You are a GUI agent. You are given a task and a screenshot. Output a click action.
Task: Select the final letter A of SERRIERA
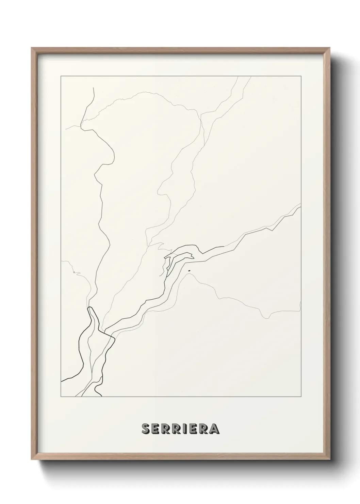(x=214, y=429)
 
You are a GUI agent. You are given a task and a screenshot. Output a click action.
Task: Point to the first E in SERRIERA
(x=155, y=429)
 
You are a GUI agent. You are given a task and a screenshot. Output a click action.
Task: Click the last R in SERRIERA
(x=203, y=429)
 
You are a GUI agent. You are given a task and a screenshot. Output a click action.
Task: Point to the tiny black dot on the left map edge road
(x=74, y=272)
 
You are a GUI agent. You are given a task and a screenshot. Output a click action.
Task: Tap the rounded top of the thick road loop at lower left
(x=90, y=308)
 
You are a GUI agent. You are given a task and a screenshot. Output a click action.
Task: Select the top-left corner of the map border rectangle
(x=61, y=76)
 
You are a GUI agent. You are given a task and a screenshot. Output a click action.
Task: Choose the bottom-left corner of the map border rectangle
(x=61, y=397)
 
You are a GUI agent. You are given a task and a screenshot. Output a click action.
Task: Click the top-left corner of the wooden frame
(x=32, y=48)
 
